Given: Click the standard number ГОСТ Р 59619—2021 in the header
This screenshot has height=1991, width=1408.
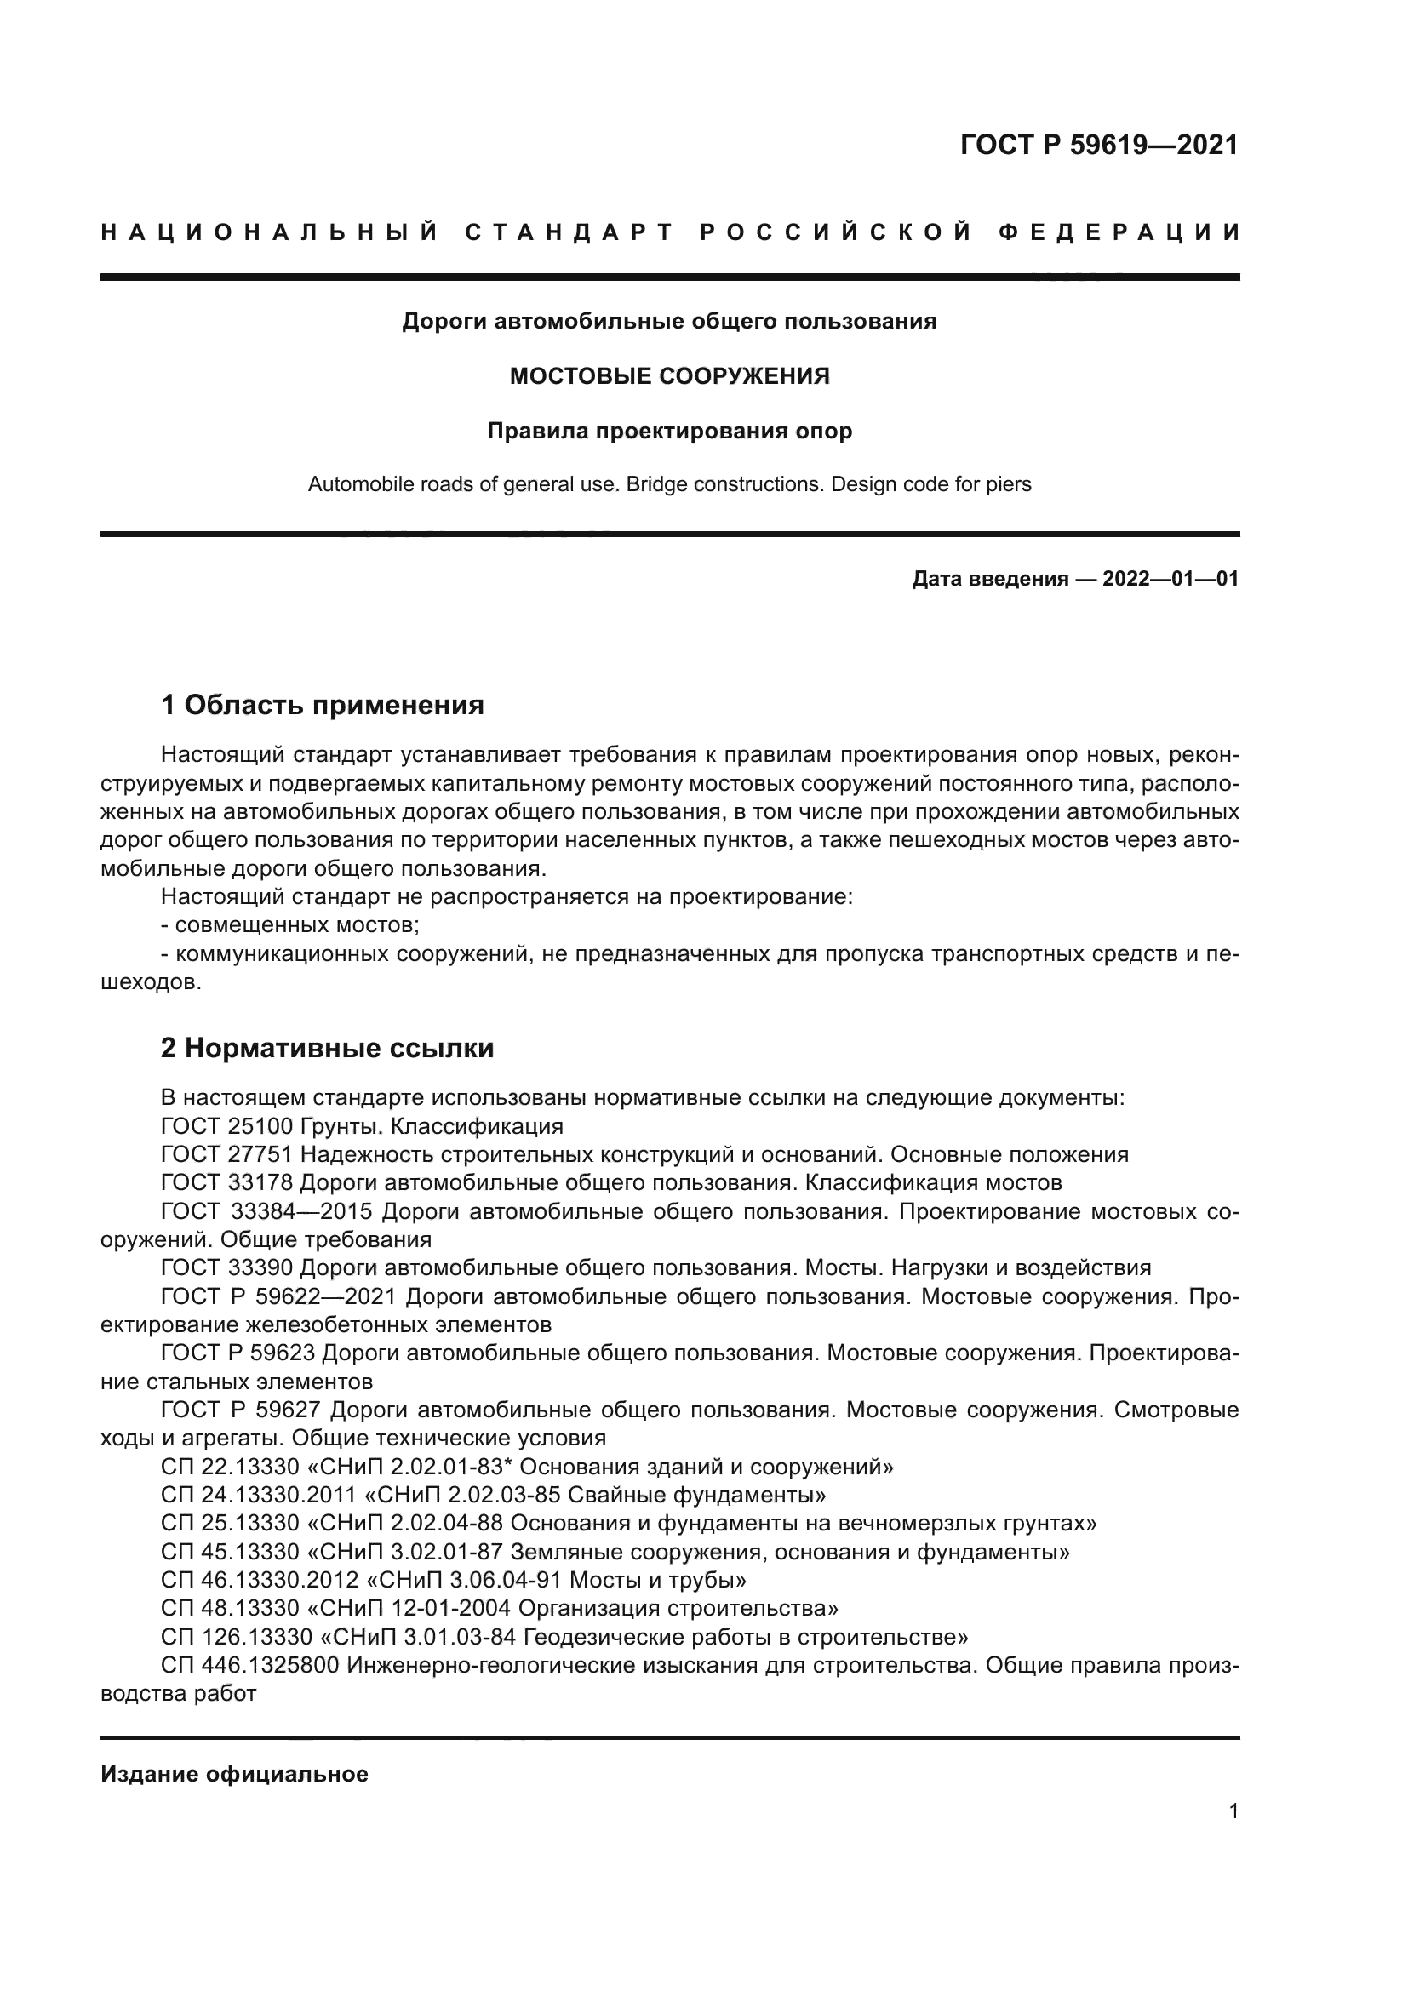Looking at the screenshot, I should click(x=1098, y=145).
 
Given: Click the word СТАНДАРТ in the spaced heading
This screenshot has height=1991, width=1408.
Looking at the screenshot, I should click(x=569, y=232).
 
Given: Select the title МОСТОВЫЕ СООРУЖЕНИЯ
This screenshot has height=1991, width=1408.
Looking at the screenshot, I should click(x=669, y=376).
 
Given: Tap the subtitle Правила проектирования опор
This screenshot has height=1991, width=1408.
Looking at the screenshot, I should click(x=669, y=431).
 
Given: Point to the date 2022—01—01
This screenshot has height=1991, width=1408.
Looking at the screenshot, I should click(x=1170, y=578).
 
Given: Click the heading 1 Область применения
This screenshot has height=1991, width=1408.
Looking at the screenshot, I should click(x=323, y=705).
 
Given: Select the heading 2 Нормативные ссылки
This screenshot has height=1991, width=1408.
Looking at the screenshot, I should click(x=327, y=1048).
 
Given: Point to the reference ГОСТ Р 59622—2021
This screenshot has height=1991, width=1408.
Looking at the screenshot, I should click(x=278, y=1296).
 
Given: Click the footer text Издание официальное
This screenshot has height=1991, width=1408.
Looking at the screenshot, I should click(x=234, y=1774).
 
